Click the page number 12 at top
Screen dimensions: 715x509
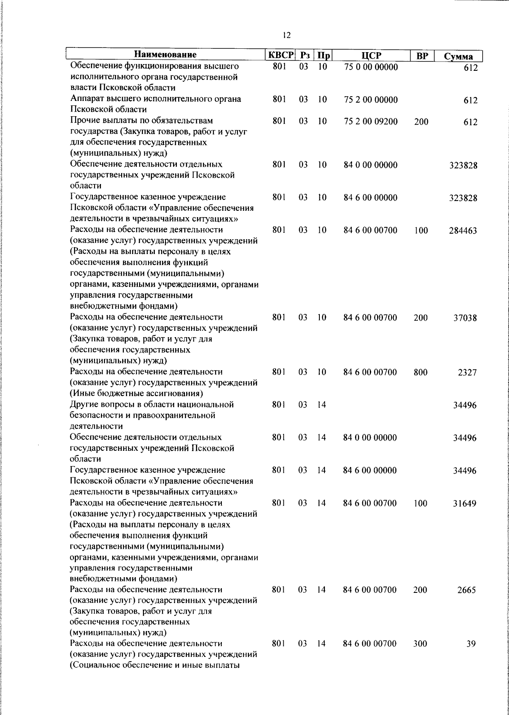click(x=286, y=36)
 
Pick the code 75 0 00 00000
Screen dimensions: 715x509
click(x=371, y=67)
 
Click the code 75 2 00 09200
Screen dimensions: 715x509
click(x=371, y=122)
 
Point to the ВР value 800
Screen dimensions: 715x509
click(x=421, y=372)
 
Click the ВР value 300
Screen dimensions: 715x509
click(x=421, y=644)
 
